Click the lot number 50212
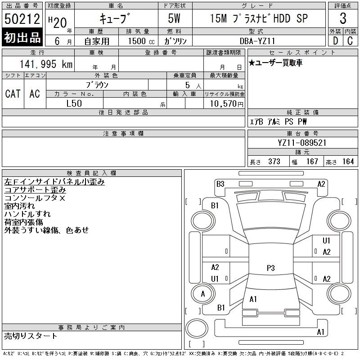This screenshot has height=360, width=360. click(x=22, y=19)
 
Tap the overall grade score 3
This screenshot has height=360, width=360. click(x=343, y=18)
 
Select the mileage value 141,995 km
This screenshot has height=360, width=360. click(x=46, y=64)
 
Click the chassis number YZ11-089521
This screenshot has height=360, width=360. click(x=302, y=143)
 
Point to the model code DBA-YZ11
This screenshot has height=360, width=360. click(x=257, y=41)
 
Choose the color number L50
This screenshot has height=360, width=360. click(x=74, y=103)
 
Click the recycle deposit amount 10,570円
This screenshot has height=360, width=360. click(x=226, y=104)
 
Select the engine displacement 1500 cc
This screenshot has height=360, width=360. click(x=141, y=41)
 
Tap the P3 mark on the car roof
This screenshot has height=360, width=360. click(x=271, y=268)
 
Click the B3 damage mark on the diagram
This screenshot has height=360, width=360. click(x=220, y=184)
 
